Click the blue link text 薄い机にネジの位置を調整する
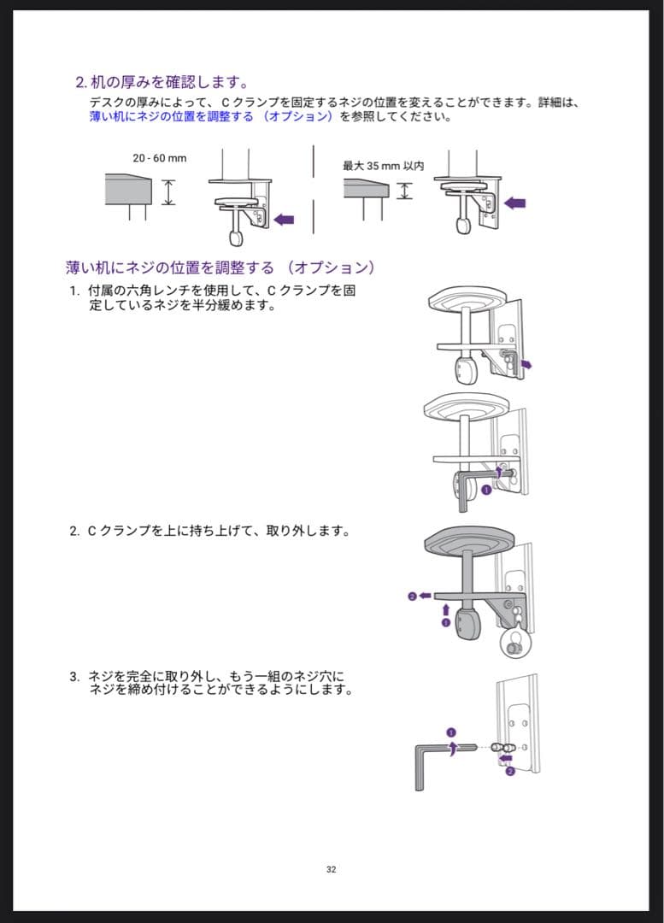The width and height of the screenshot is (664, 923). tap(171, 116)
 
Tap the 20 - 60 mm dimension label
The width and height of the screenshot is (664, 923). tap(160, 158)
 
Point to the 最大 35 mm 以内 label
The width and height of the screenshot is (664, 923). tap(383, 166)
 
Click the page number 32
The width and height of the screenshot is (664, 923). tap(332, 869)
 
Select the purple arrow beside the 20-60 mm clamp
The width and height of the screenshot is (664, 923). tap(283, 220)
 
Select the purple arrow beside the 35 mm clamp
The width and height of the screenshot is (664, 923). tap(515, 203)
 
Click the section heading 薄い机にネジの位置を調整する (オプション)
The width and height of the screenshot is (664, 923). tap(220, 267)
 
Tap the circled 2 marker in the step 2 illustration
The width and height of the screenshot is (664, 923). tap(413, 596)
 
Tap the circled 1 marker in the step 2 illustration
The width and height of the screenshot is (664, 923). tap(444, 624)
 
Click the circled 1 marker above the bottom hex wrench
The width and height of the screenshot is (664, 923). tap(451, 732)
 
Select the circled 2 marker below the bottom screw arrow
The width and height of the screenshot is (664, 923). tap(510, 771)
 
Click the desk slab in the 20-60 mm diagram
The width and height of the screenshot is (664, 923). tap(128, 189)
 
